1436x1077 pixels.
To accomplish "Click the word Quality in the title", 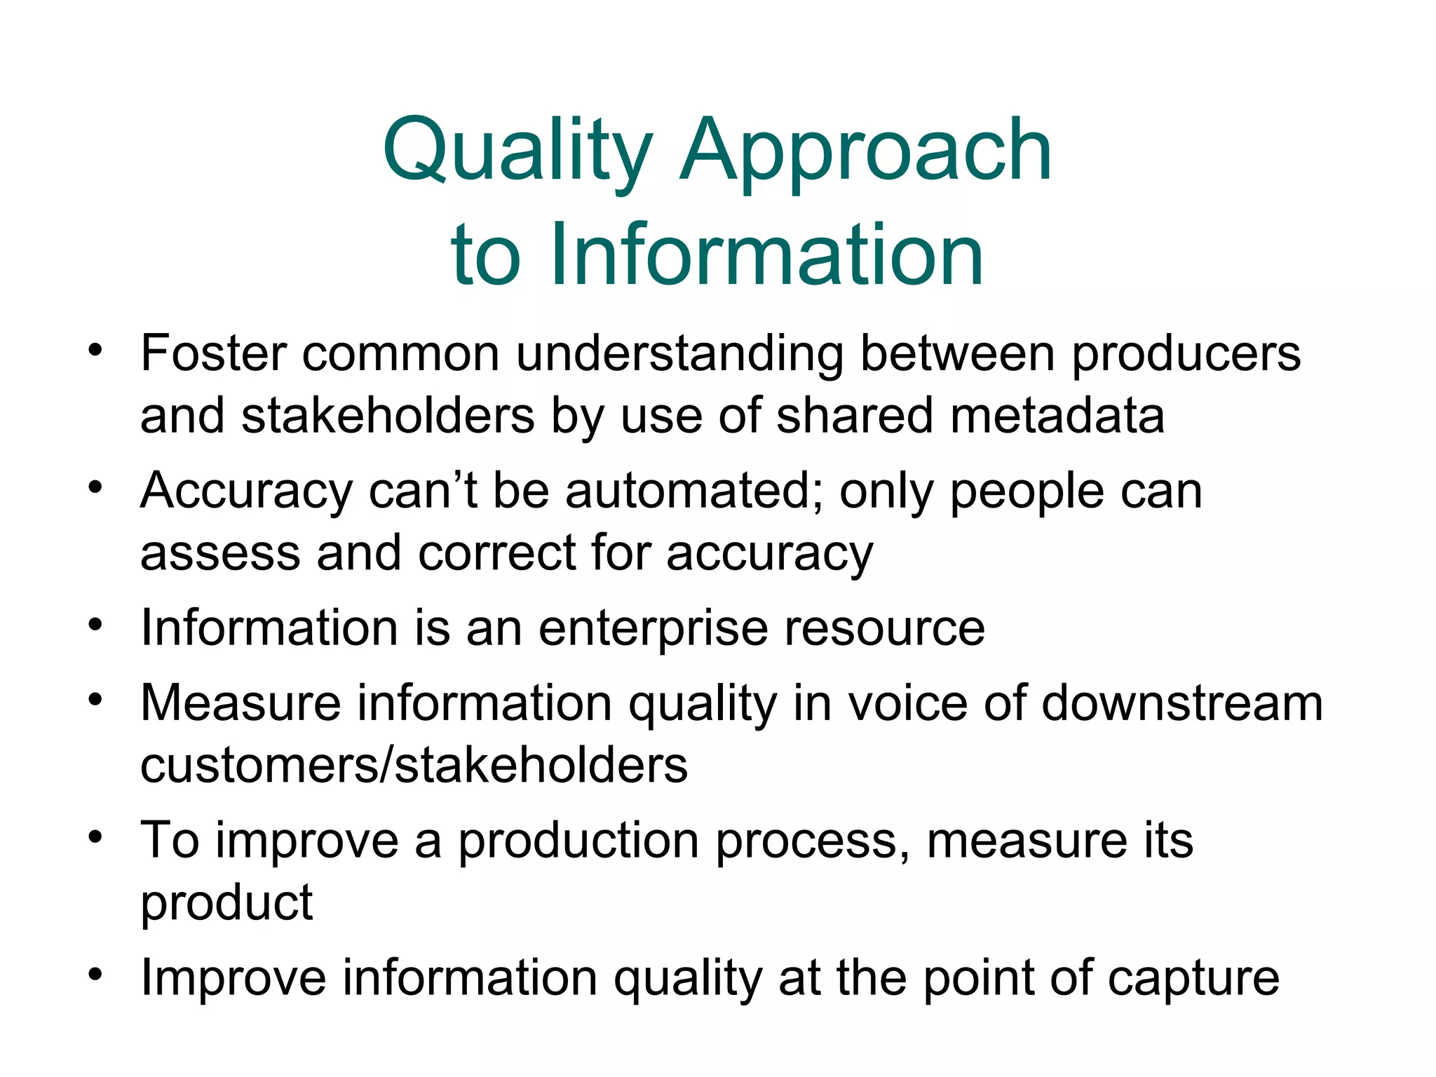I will (517, 151).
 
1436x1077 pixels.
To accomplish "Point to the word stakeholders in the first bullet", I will (388, 416).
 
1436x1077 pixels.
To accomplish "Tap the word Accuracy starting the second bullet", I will (246, 492).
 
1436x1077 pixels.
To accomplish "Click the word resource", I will (884, 628).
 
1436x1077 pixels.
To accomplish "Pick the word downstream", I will (1182, 703).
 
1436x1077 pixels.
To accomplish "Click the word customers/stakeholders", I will (414, 765).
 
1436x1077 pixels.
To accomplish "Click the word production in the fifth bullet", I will (578, 841).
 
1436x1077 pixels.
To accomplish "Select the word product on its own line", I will (226, 903).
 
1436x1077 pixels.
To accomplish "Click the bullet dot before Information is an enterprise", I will (95, 624).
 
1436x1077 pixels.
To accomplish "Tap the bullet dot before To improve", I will (95, 836).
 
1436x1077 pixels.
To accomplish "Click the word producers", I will (1186, 354).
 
